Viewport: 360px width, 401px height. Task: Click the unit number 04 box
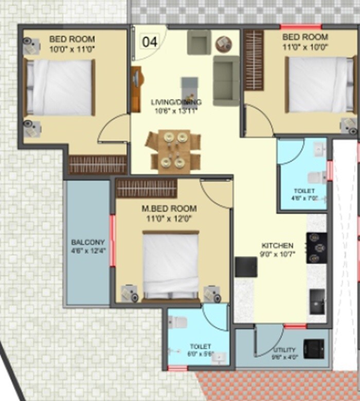pos(150,41)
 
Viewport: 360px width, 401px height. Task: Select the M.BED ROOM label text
pos(169,208)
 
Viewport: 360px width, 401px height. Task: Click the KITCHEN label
pos(277,246)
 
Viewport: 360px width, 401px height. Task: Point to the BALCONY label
pos(88,242)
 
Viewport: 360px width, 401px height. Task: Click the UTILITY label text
pos(285,350)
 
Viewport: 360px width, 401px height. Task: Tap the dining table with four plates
pos(173,150)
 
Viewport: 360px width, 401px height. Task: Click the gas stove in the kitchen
pos(316,248)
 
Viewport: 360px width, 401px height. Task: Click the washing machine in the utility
pos(314,348)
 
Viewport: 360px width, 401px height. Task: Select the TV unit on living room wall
pos(136,89)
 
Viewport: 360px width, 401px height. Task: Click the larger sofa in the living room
pos(226,81)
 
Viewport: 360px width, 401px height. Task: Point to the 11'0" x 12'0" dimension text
pos(169,218)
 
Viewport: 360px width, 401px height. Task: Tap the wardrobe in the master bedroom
pos(147,189)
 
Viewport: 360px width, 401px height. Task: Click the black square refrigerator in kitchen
pos(246,267)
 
